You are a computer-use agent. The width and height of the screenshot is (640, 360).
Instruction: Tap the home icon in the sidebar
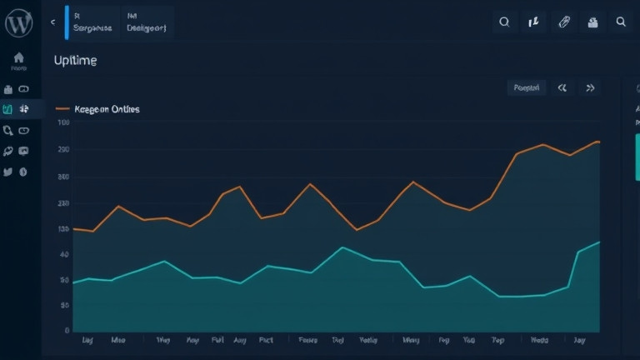[18, 58]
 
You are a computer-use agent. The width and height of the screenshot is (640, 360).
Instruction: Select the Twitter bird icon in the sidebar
[8, 172]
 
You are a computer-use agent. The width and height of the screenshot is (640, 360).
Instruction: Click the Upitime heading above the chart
[74, 61]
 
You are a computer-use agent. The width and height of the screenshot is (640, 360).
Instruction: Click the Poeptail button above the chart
[527, 87]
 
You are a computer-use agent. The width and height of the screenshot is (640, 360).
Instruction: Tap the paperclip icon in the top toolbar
[564, 22]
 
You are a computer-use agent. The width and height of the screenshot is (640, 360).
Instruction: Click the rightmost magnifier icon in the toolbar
[621, 22]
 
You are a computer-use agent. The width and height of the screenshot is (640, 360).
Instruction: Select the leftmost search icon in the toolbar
[504, 22]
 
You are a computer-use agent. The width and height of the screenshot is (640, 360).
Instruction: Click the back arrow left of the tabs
[53, 22]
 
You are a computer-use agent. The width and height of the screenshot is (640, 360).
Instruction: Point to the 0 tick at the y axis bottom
[66, 331]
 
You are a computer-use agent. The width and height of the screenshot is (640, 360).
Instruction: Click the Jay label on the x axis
[579, 341]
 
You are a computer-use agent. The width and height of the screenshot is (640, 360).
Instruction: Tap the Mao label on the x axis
[118, 341]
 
